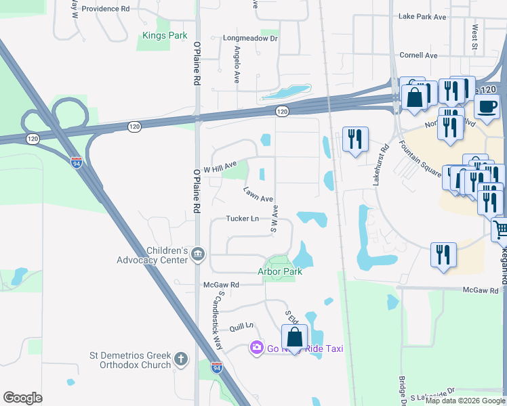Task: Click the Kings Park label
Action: point(164,35)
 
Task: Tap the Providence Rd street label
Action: point(106,9)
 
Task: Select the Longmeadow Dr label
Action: point(251,39)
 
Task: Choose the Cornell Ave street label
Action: point(419,55)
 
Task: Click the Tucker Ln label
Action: point(242,219)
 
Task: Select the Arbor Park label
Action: point(279,271)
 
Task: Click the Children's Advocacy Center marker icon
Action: point(197,254)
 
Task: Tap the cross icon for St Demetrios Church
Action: point(180,359)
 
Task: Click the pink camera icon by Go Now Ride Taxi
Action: point(256,348)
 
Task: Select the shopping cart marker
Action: point(500,229)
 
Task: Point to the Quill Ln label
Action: point(241,325)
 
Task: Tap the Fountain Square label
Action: point(424,160)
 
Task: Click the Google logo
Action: point(23,398)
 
